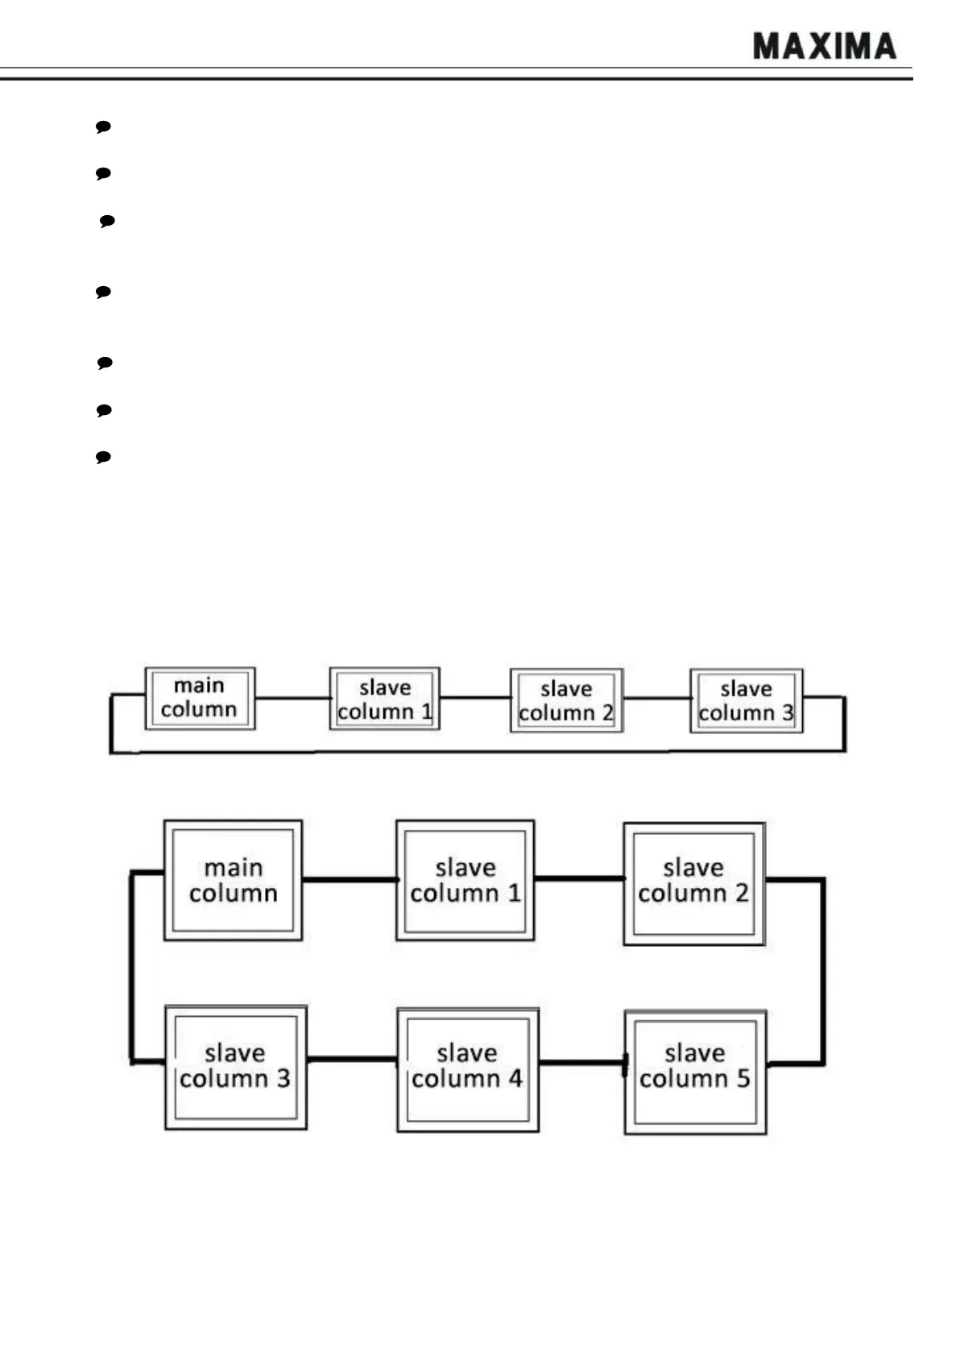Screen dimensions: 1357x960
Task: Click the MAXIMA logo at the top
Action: (x=824, y=47)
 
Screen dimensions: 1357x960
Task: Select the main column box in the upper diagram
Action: (x=200, y=699)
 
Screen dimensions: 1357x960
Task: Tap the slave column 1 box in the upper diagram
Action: (x=384, y=699)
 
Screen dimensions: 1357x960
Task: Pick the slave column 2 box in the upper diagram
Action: (x=566, y=700)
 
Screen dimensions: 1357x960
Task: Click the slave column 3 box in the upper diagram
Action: (x=746, y=700)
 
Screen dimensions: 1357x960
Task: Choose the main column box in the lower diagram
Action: (x=233, y=880)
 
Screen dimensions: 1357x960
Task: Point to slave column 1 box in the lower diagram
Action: (x=465, y=880)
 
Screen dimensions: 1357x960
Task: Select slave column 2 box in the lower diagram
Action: (x=693, y=883)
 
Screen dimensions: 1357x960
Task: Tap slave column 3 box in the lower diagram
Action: (x=235, y=1067)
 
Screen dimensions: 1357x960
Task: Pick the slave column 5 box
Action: (x=695, y=1072)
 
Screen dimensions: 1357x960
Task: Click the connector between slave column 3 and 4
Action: (x=352, y=1059)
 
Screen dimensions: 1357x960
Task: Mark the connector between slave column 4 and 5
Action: (x=581, y=1063)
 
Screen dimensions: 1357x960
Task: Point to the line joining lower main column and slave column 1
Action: (x=349, y=879)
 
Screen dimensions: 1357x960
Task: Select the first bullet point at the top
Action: (x=103, y=127)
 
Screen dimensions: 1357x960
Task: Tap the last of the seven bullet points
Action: (x=103, y=457)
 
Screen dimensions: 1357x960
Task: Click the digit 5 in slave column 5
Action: (x=743, y=1078)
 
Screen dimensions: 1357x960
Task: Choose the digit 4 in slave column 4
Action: (x=514, y=1078)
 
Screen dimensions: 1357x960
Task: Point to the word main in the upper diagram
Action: (x=199, y=686)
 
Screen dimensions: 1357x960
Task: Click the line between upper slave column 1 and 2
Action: (x=475, y=698)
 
